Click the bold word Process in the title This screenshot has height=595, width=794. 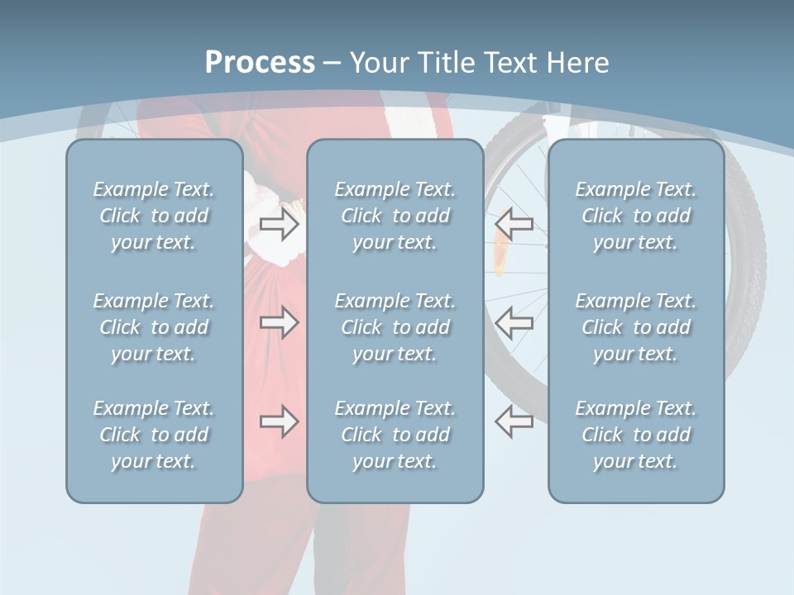[x=260, y=63]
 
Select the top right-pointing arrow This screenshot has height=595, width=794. [x=279, y=224]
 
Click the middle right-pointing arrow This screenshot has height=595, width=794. [x=279, y=322]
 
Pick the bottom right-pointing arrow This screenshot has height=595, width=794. [x=279, y=421]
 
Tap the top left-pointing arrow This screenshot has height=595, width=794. [x=514, y=224]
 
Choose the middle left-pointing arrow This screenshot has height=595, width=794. [x=514, y=322]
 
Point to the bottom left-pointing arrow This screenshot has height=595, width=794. [x=514, y=421]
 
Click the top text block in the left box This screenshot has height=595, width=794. [x=154, y=216]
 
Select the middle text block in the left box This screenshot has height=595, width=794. [x=154, y=327]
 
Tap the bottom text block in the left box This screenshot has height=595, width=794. [x=154, y=435]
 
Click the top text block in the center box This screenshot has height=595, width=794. [x=395, y=216]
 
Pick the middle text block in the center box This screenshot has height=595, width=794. [x=395, y=327]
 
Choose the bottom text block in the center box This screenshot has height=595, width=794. [x=395, y=435]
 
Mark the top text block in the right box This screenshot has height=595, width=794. [x=636, y=216]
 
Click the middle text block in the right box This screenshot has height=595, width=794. [x=636, y=327]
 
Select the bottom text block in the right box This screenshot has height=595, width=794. [x=636, y=435]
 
